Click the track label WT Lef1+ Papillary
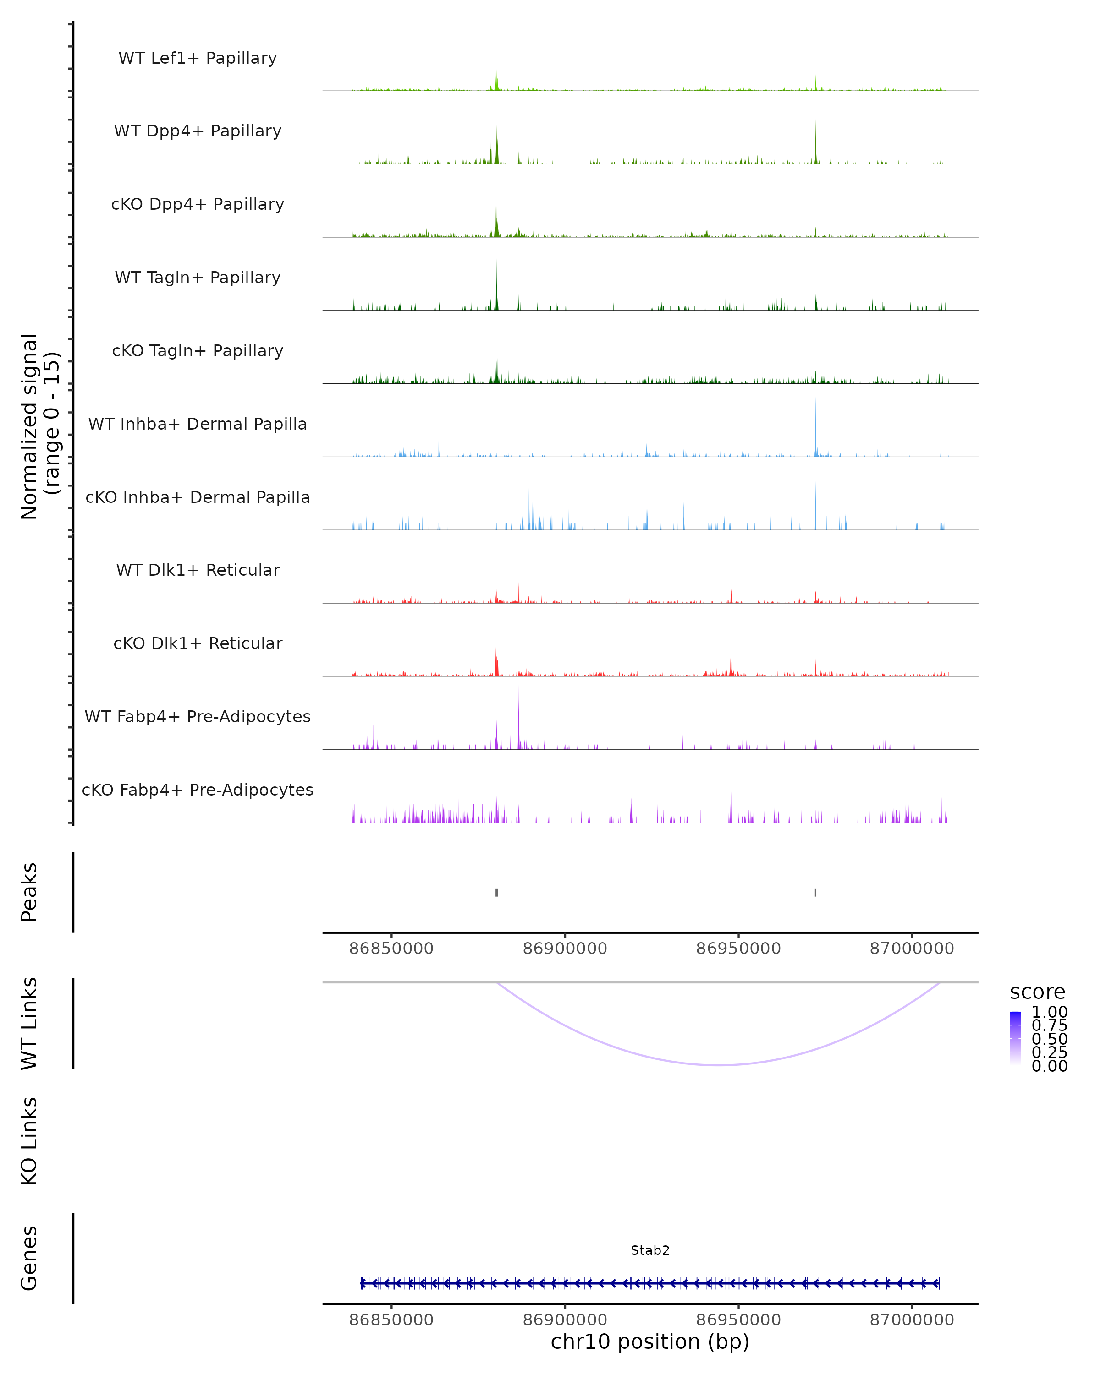(198, 58)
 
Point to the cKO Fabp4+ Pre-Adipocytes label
(198, 790)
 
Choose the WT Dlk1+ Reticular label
(198, 570)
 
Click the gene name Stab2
(650, 1250)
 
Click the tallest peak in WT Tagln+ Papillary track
(496, 262)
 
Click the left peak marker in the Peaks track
(497, 892)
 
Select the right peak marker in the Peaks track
(815, 892)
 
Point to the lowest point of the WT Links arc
(719, 1064)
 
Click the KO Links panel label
(29, 1141)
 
